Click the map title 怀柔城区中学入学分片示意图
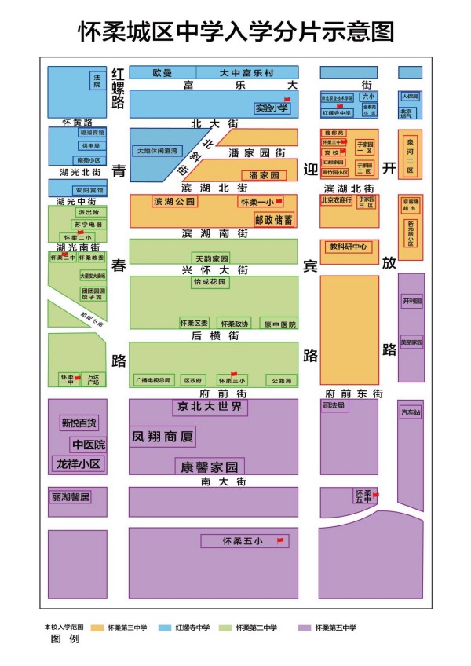(x=235, y=32)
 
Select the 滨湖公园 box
(x=174, y=202)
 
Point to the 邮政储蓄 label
(x=273, y=219)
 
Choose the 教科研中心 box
(x=349, y=247)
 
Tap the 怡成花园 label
(x=210, y=282)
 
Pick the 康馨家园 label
(x=210, y=467)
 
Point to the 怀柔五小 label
(x=242, y=541)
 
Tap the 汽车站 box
(x=411, y=412)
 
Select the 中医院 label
(x=88, y=445)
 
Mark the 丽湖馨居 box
(x=71, y=497)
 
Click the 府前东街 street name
(x=354, y=393)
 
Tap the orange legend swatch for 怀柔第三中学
(x=97, y=628)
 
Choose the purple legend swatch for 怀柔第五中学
(x=305, y=628)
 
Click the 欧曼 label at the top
(x=162, y=72)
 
